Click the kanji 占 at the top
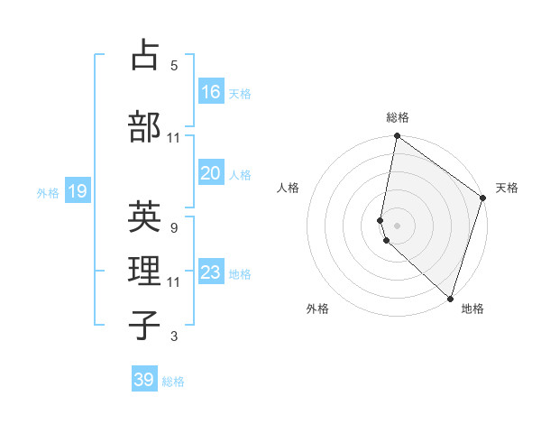145,55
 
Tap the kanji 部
145,127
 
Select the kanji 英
145,217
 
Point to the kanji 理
145,271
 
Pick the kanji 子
145,326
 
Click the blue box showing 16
211,92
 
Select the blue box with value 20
211,173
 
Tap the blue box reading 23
211,272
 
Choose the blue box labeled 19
78,191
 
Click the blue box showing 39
144,380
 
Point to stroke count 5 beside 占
174,66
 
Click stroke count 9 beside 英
174,228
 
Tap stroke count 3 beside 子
174,336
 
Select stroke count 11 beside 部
174,138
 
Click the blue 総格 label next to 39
173,382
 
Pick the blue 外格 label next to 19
48,192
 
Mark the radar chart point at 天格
483,199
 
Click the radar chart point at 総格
397,136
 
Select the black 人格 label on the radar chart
289,188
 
